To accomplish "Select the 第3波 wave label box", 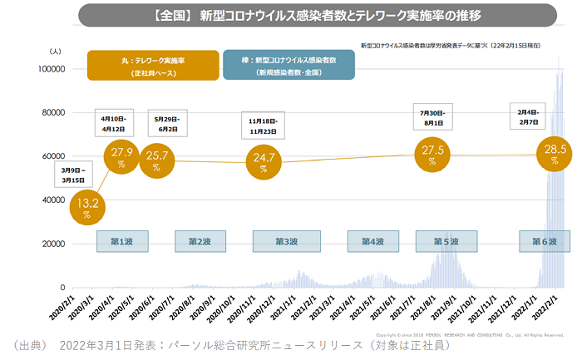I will [288, 241].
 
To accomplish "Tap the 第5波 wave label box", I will [446, 241].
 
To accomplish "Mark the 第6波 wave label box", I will [539, 241].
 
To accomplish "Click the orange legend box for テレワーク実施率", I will [153, 66].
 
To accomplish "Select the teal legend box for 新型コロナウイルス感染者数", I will [276, 66].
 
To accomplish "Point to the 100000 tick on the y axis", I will [52, 69].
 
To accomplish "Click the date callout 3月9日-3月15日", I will [75, 174].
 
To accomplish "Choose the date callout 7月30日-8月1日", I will [433, 117].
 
